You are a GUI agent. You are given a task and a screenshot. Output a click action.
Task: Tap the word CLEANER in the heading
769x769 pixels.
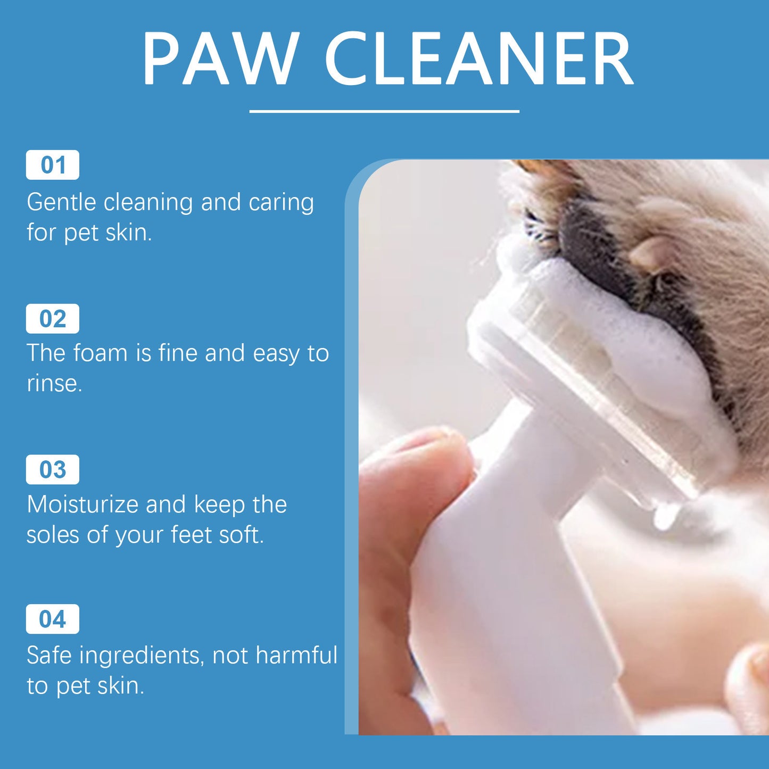pyautogui.click(x=479, y=59)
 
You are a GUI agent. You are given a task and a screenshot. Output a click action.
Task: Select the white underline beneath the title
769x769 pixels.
pyautogui.click(x=384, y=111)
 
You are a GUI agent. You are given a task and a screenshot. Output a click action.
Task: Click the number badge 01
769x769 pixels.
pyautogui.click(x=53, y=165)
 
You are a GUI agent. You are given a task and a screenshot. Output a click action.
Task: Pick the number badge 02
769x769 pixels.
pyautogui.click(x=53, y=319)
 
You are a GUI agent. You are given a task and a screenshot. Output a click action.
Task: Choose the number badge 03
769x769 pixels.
pyautogui.click(x=53, y=469)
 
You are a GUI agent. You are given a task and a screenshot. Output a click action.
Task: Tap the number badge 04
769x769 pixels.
pyautogui.click(x=53, y=619)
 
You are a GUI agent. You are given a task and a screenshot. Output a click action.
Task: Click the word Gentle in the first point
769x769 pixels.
pyautogui.click(x=61, y=202)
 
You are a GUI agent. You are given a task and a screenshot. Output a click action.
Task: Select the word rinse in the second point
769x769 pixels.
pyautogui.click(x=53, y=384)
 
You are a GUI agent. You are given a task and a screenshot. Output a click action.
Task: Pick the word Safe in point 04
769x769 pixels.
pyautogui.click(x=48, y=655)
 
